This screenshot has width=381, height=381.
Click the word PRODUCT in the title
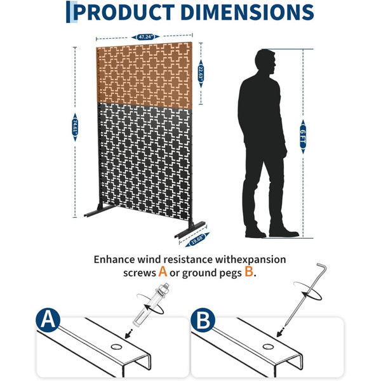pos(124,12)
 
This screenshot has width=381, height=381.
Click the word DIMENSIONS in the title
pos(247,12)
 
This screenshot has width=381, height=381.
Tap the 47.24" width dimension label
pos(145,37)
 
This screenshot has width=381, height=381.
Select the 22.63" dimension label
pos(201,74)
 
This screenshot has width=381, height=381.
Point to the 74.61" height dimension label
pos(75,128)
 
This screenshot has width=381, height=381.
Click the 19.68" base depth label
pos(197,239)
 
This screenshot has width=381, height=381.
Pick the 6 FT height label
pos(303,137)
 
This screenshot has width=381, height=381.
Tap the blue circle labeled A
pos(48,320)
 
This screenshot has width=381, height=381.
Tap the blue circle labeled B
pos(203,320)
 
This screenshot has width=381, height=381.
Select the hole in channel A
pos(116,347)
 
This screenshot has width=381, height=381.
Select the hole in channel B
pos(268,347)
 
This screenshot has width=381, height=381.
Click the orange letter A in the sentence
pos(163,272)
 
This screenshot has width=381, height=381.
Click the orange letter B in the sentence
pos(249,272)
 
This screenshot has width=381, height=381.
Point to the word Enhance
pos(114,260)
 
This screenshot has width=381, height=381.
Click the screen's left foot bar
pos(100,211)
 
